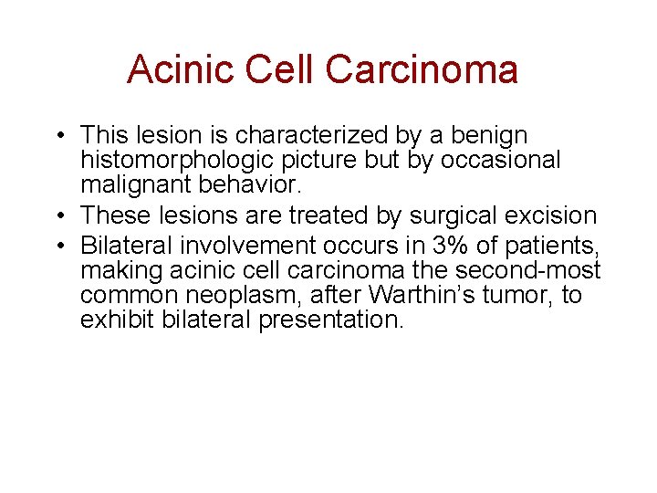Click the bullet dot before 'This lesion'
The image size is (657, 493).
pyautogui.click(x=57, y=137)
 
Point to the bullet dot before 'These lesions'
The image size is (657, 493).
pyautogui.click(x=57, y=216)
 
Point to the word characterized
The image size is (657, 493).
pyautogui.click(x=310, y=137)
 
